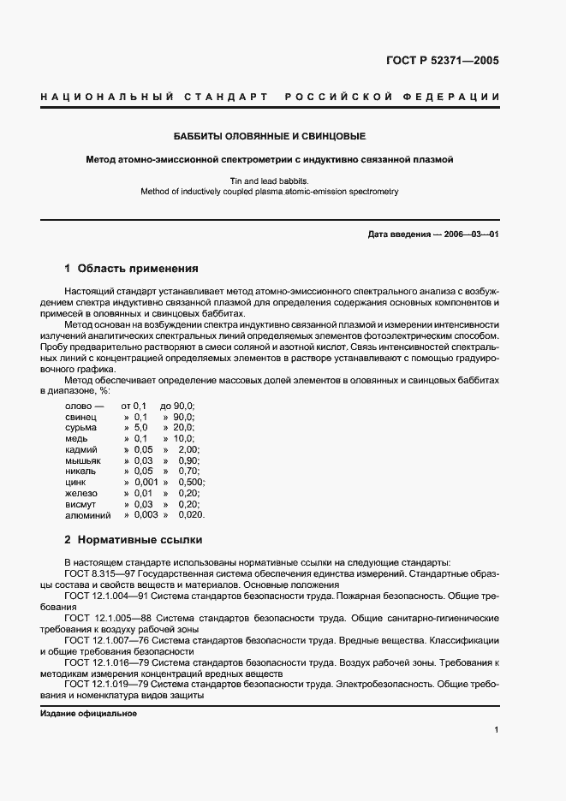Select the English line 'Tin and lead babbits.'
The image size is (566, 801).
[270, 181]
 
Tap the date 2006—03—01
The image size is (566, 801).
[470, 234]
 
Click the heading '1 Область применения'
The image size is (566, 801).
[132, 268]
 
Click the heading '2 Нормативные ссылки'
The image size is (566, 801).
[134, 540]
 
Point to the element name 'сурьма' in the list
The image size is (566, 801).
[80, 426]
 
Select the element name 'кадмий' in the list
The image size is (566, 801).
[81, 448]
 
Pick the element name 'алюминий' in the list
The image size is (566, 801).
[87, 515]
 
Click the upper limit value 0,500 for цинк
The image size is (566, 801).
[192, 482]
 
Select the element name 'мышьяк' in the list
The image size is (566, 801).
[83, 460]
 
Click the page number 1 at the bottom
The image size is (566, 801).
[496, 730]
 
